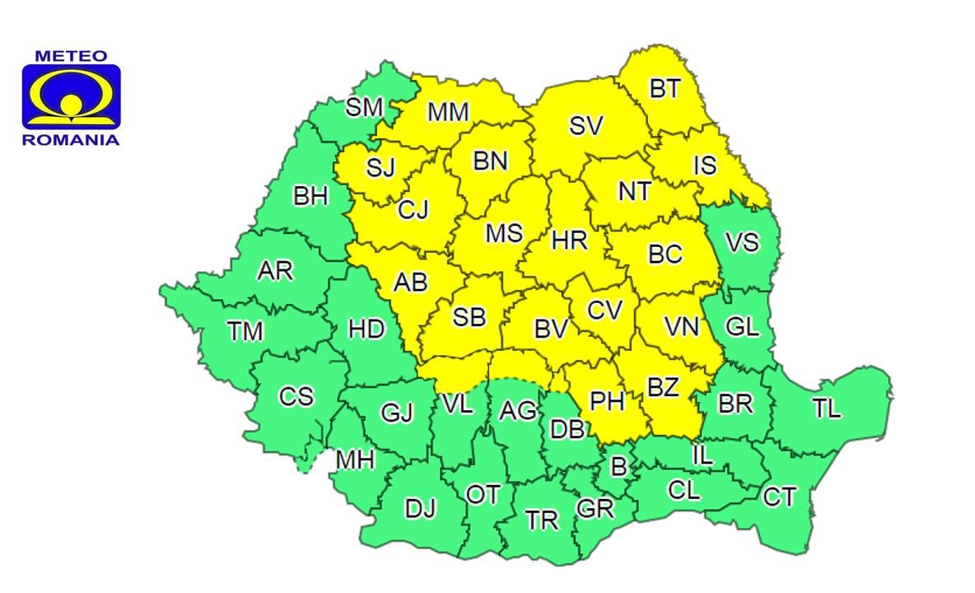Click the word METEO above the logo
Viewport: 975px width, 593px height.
point(71,57)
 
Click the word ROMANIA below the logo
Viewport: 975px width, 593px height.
point(71,140)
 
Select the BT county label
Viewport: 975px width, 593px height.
point(665,88)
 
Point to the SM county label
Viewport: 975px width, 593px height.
point(363,107)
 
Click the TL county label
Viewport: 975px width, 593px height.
point(826,408)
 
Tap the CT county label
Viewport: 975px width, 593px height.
point(779,497)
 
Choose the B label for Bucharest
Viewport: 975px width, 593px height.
point(618,467)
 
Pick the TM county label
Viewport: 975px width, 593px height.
point(245,331)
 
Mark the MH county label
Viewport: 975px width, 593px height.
point(355,460)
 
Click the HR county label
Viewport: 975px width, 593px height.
point(569,240)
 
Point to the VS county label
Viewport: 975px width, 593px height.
point(741,243)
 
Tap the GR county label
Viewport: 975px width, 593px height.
point(595,509)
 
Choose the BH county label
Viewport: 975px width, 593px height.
point(310,197)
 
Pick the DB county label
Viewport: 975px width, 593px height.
point(568,428)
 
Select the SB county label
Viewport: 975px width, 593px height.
point(469,316)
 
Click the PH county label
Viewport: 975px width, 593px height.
point(608,401)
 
